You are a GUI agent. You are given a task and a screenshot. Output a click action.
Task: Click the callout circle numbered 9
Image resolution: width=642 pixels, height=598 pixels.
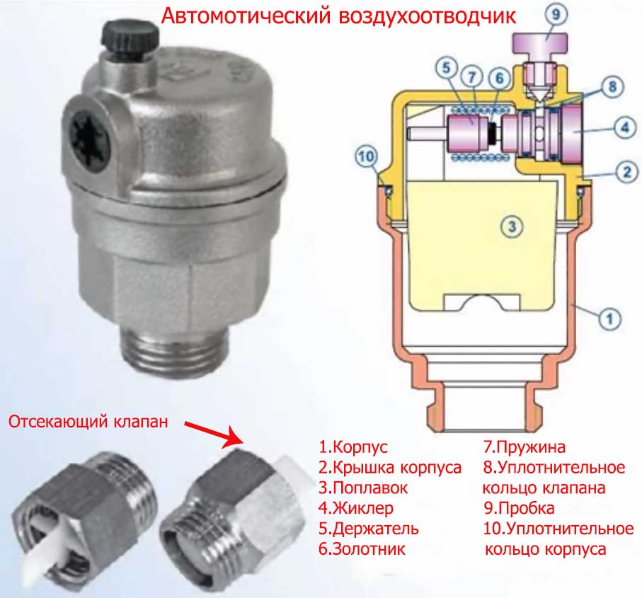(x=556, y=15)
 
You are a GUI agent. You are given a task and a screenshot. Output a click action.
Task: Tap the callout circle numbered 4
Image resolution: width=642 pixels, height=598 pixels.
(x=625, y=127)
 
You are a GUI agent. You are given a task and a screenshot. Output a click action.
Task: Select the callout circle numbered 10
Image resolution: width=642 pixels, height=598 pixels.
(x=367, y=156)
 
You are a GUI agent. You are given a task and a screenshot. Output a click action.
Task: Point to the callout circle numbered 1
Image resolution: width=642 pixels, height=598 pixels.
(x=609, y=318)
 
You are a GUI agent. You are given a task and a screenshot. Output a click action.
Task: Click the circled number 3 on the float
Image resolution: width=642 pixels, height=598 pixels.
(x=512, y=226)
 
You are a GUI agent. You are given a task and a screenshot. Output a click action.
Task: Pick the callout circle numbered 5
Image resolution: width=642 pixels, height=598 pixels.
(x=447, y=67)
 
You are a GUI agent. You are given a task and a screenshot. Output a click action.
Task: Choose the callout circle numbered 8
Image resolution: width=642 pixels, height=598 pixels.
(x=612, y=86)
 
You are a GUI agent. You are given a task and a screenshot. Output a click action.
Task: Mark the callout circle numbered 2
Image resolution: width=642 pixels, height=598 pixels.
(x=627, y=172)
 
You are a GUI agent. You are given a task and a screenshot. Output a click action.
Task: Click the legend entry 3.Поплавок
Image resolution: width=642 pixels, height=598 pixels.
(x=363, y=488)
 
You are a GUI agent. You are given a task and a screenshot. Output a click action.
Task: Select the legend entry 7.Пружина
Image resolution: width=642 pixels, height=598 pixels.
(x=524, y=447)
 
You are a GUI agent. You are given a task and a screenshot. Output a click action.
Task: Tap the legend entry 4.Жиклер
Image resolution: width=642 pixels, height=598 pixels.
(x=356, y=508)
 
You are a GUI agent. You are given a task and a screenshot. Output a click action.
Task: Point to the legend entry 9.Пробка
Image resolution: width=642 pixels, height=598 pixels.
(x=519, y=508)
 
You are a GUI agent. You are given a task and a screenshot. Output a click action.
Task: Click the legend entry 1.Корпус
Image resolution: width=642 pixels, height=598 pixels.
(x=353, y=447)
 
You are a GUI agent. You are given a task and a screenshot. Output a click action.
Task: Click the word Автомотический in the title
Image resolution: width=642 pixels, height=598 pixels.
(x=246, y=16)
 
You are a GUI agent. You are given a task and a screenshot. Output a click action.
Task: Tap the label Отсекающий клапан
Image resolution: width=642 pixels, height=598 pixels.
(x=88, y=422)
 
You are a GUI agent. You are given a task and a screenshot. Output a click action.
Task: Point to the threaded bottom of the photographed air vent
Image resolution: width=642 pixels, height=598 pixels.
(x=174, y=348)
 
